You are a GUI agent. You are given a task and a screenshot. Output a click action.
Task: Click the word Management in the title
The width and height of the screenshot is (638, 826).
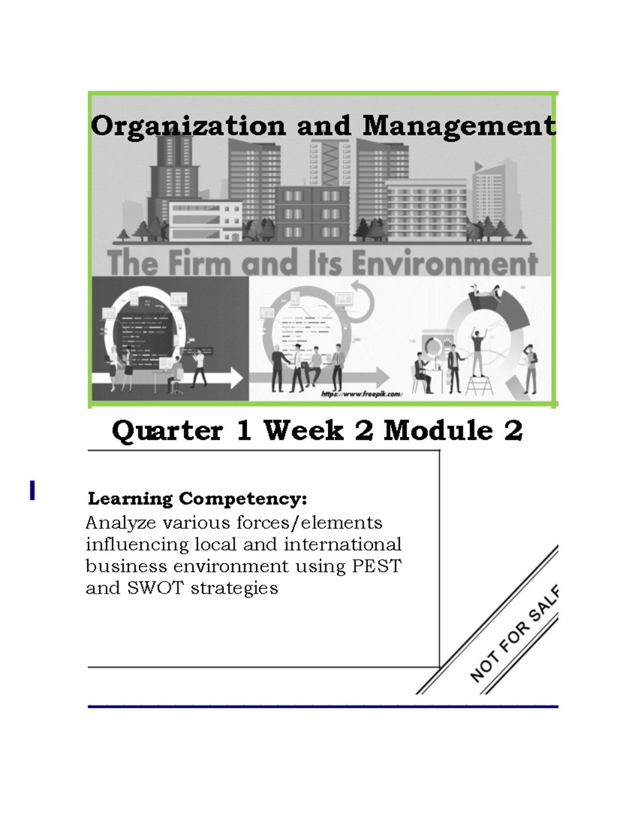click(459, 127)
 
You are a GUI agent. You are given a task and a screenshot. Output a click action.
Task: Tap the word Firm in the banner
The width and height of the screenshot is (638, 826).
click(199, 263)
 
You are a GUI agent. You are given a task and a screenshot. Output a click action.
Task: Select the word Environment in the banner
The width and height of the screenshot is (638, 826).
click(444, 263)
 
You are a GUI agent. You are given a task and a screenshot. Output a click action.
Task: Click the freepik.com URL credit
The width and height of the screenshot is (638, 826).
click(362, 394)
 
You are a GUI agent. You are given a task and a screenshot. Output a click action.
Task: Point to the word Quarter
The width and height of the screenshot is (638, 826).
click(167, 430)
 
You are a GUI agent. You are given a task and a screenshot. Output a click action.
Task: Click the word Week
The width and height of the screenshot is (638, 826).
click(304, 430)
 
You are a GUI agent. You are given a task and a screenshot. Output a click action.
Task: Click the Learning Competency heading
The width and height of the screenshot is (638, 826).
click(197, 499)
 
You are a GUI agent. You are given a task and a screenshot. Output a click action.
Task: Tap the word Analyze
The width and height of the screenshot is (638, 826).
click(121, 523)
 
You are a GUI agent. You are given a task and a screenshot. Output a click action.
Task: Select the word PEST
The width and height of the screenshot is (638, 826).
click(376, 566)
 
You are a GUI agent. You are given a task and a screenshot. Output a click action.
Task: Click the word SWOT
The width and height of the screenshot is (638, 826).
click(155, 588)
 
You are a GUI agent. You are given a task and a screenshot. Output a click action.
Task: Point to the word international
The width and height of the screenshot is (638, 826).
click(342, 545)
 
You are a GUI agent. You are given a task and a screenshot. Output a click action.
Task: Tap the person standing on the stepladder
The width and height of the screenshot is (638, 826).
click(478, 351)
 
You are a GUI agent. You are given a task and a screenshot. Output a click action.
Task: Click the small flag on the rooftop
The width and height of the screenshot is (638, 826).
click(478, 166)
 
